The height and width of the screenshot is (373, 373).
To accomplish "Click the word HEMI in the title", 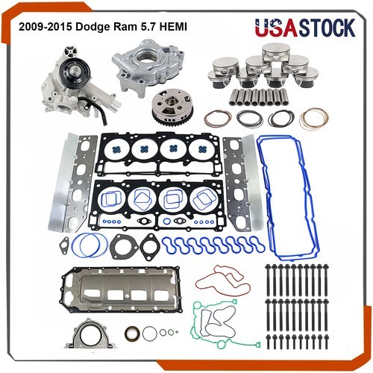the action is tap(173, 27).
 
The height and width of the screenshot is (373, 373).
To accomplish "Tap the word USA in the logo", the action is tap(277, 28).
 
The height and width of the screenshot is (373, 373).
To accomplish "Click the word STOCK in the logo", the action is tap(327, 28).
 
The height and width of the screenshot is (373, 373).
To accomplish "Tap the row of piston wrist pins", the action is tap(259, 97).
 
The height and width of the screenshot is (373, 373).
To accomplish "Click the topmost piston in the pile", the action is tap(275, 53).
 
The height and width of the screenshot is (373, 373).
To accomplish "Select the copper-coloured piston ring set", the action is tap(314, 119).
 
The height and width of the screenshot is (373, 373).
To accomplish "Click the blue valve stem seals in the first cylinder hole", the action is tap(116, 150).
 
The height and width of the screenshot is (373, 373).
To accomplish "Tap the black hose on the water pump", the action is tap(98, 110).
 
